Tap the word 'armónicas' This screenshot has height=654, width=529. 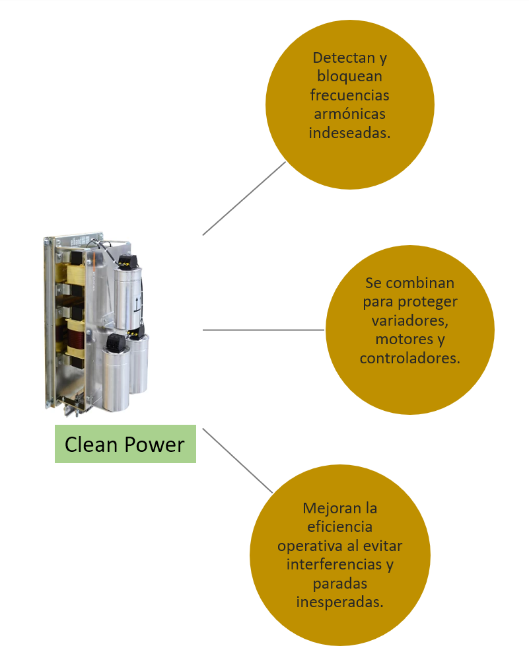[x=349, y=114]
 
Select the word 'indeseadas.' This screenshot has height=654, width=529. [x=349, y=133]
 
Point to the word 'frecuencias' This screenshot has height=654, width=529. [x=349, y=94]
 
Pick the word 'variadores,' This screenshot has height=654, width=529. [x=409, y=320]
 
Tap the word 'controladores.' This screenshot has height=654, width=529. [x=409, y=358]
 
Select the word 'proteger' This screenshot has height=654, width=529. [x=428, y=302]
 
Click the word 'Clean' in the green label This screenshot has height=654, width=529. [x=91, y=445]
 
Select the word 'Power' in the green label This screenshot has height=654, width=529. [x=155, y=445]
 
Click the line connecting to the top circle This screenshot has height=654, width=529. [x=244, y=198]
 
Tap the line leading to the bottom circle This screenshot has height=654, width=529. [x=238, y=460]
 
